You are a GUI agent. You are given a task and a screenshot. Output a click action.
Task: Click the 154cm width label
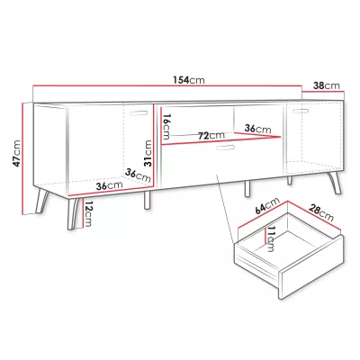click(189, 80)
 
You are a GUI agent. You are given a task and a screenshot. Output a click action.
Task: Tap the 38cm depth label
click(327, 85)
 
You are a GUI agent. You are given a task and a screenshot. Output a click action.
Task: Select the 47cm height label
click(16, 153)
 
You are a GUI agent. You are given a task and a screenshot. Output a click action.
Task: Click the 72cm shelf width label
click(211, 136)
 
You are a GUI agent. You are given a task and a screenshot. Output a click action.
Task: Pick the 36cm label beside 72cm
click(257, 129)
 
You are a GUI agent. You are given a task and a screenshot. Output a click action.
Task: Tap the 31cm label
click(148, 153)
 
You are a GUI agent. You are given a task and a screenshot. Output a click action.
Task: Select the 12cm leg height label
click(87, 214)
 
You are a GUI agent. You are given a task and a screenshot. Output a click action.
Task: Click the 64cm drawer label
click(267, 205)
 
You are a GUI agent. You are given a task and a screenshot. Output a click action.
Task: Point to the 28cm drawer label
click(320, 212)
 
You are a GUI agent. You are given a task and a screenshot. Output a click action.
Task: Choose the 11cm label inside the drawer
click(270, 239)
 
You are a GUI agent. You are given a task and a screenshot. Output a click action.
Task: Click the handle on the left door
click(139, 113)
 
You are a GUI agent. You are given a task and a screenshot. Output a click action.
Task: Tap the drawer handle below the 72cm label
click(225, 148)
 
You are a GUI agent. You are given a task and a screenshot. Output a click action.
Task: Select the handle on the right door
click(301, 111)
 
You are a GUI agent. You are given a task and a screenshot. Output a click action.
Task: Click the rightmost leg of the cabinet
click(336, 183)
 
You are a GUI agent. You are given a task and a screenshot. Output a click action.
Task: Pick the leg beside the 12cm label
click(73, 213)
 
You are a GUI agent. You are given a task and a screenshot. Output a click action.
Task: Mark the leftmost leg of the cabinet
click(41, 201)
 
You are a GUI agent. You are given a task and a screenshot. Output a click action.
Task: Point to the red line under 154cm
click(167, 85)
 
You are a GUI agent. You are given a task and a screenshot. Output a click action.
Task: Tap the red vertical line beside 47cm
click(22, 158)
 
